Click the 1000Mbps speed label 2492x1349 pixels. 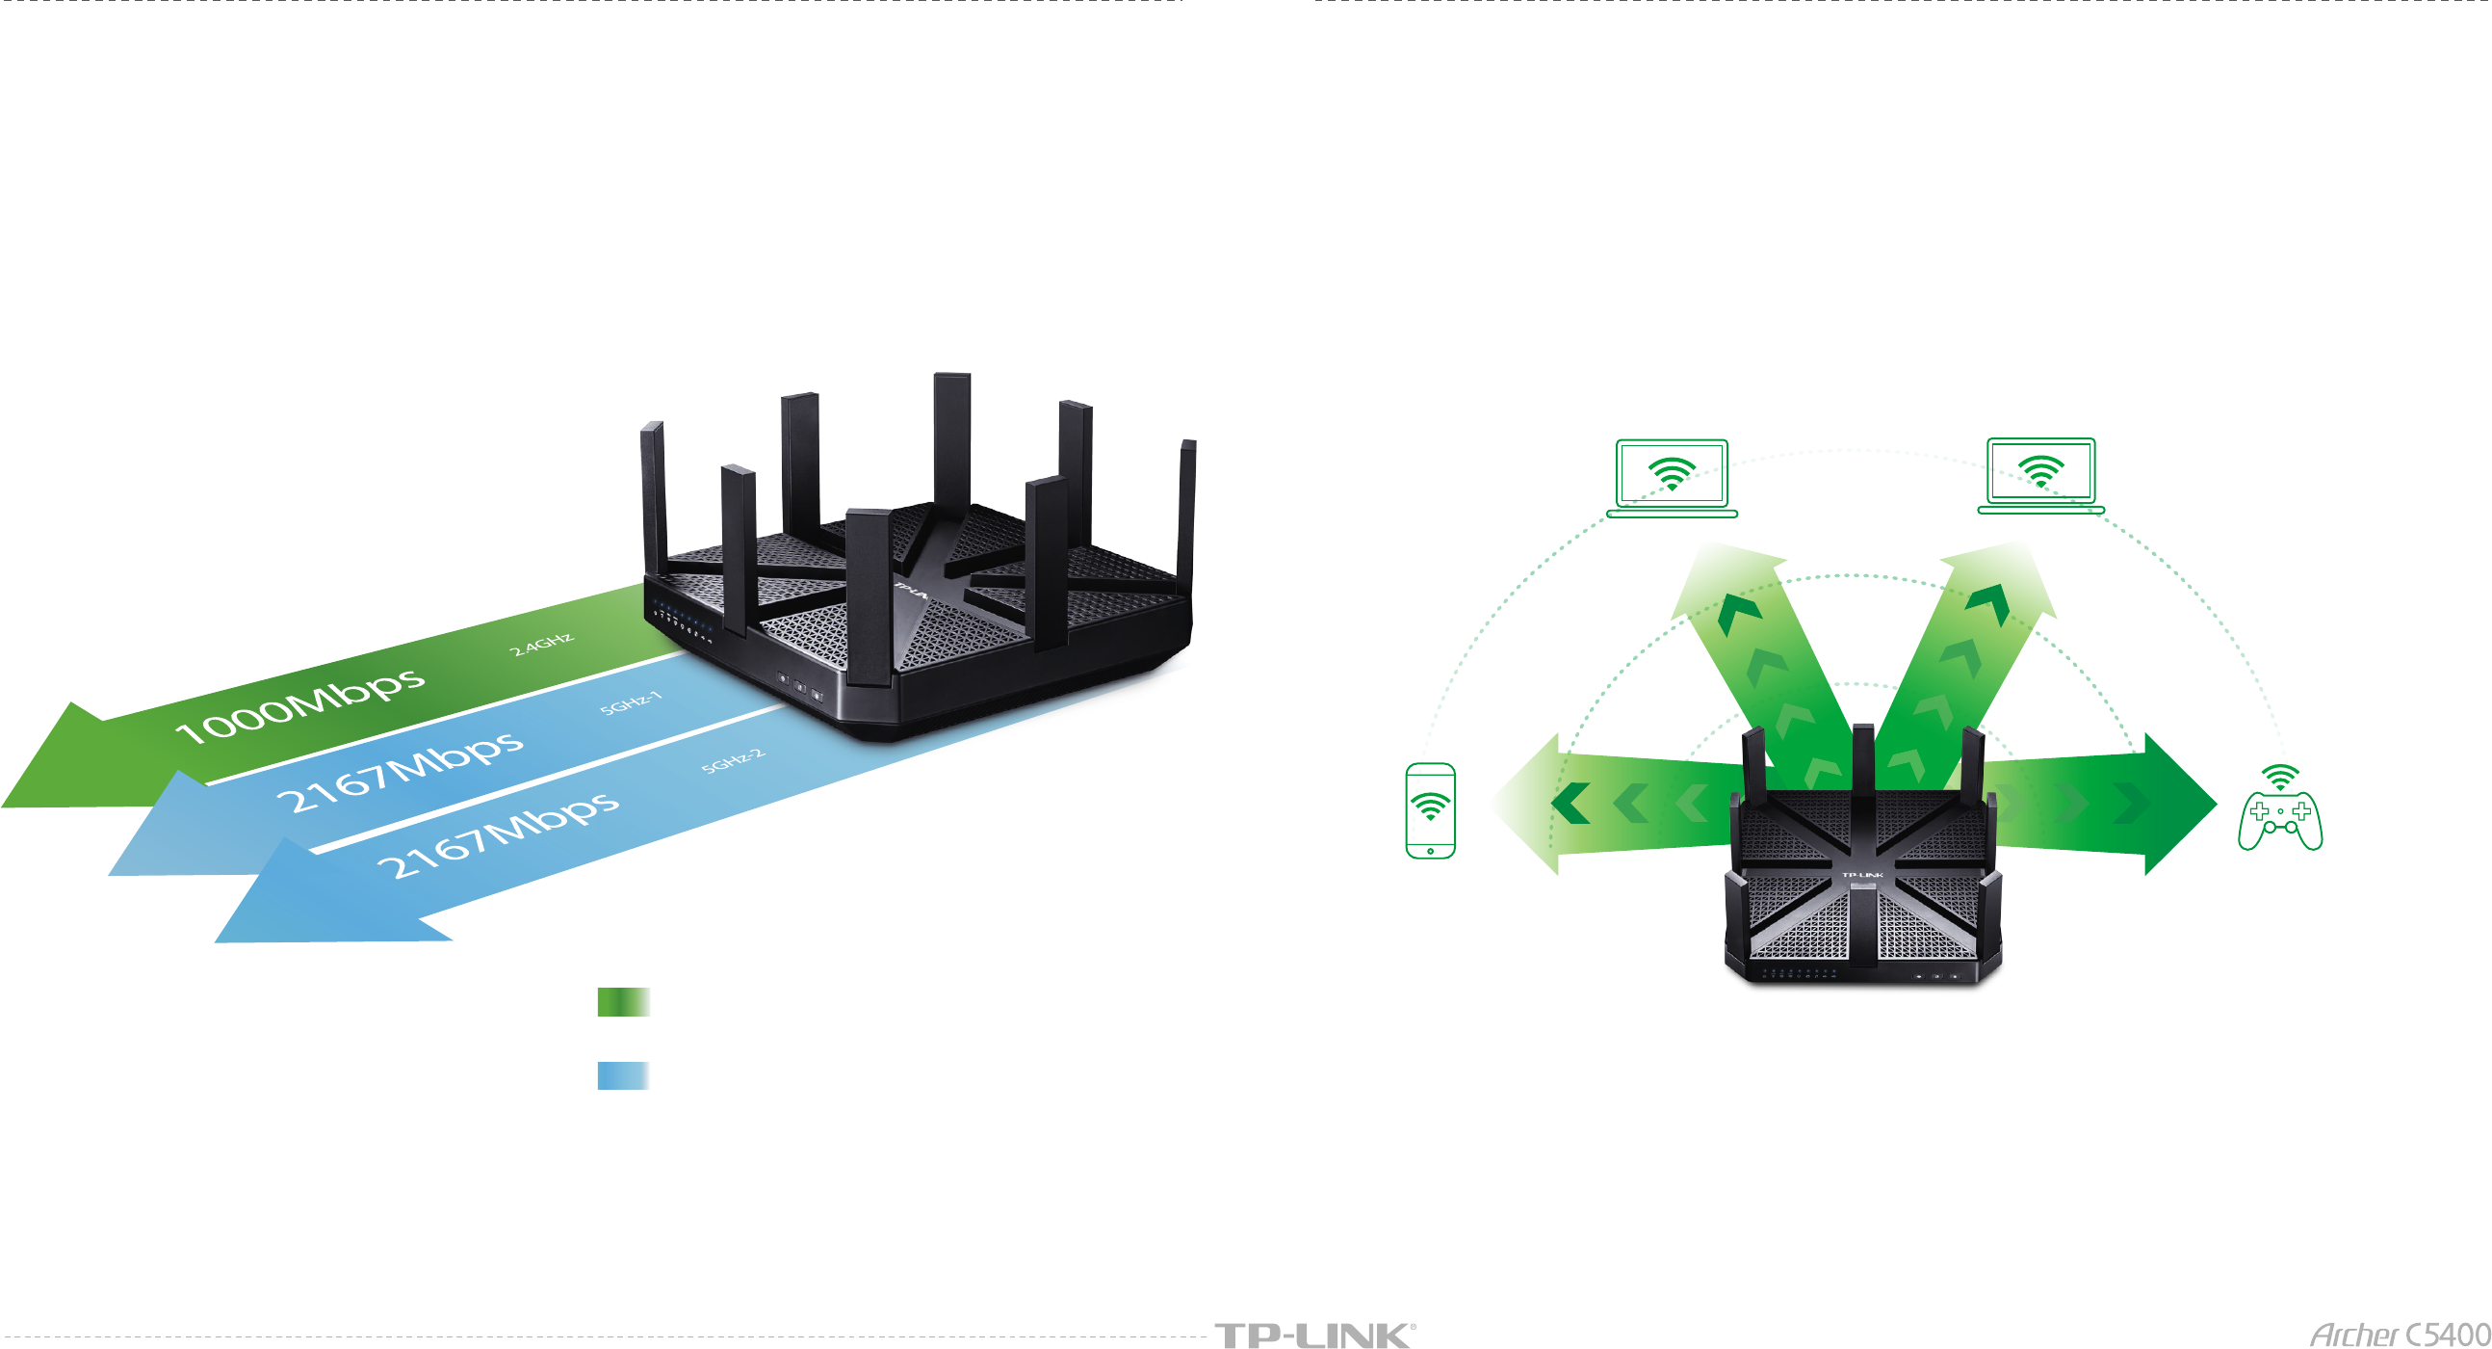click(300, 704)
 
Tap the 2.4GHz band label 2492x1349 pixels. click(542, 645)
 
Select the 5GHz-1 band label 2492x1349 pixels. click(631, 703)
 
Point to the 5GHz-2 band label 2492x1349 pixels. click(734, 760)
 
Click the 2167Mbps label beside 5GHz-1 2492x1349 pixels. click(400, 771)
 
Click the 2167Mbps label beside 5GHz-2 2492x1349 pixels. click(497, 833)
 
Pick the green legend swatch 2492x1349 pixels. click(623, 1001)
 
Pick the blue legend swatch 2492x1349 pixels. click(623, 1075)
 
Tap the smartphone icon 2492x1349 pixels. click(1430, 810)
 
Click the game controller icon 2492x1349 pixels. click(2280, 821)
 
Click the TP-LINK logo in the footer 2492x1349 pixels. click(1313, 1336)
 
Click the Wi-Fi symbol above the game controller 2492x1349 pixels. click(2280, 777)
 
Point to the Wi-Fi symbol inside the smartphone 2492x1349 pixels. click(1430, 807)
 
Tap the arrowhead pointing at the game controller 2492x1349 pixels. click(2176, 804)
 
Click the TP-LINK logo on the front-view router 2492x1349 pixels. click(1862, 875)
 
